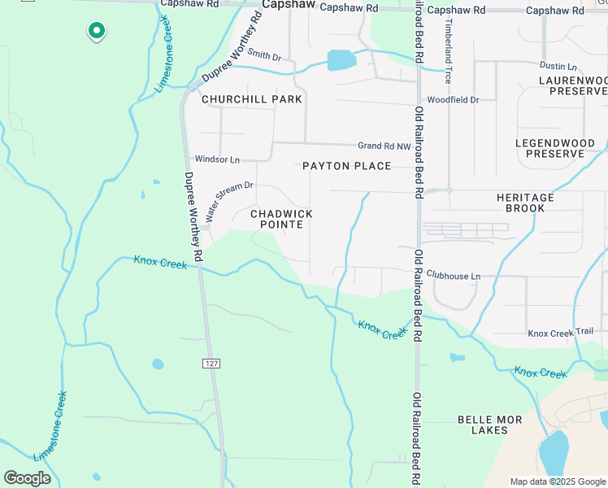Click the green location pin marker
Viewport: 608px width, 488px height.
(x=96, y=31)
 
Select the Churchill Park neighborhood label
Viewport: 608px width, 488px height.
(x=252, y=99)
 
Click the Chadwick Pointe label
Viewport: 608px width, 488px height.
(x=281, y=219)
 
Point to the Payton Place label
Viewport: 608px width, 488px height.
(x=347, y=166)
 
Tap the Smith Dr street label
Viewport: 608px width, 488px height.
(x=264, y=56)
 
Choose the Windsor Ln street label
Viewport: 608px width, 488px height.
(x=217, y=159)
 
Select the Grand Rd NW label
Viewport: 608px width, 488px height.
(x=384, y=146)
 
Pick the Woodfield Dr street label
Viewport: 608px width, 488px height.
(x=453, y=99)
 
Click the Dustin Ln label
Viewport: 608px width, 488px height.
(x=558, y=66)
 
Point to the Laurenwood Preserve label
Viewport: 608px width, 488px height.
(x=573, y=85)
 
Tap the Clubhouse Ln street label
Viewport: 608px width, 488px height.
(x=454, y=277)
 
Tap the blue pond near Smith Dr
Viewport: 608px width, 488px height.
(x=341, y=60)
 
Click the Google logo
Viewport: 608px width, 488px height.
(x=28, y=478)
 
